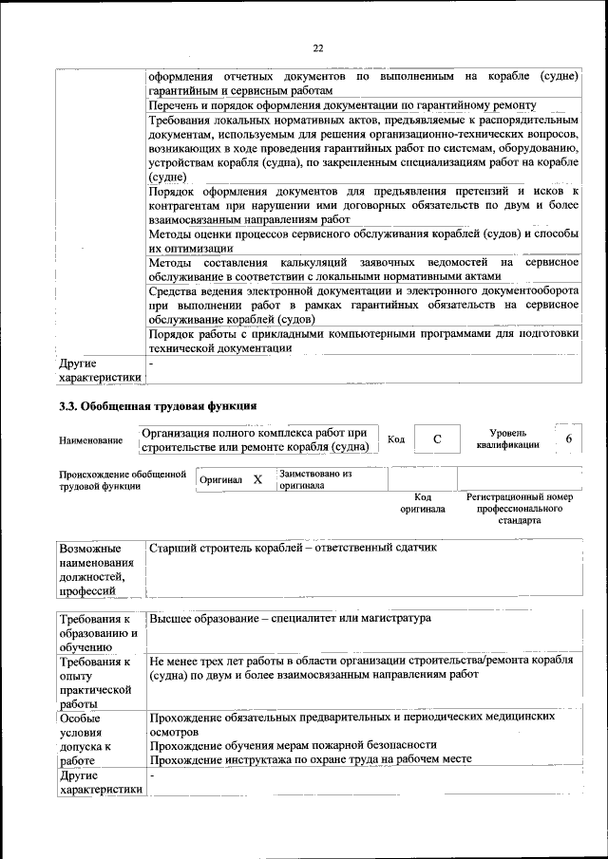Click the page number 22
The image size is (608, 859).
tap(318, 48)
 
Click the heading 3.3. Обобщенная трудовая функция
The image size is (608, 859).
tap(158, 406)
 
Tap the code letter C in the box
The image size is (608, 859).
tap(437, 439)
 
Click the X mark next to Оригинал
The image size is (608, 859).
tap(257, 480)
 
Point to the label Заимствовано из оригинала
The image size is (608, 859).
tap(314, 478)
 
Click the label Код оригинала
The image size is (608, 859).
tap(423, 502)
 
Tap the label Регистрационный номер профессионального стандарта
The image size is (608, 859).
tap(519, 508)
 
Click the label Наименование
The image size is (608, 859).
tap(90, 440)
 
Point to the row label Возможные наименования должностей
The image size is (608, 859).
tap(96, 570)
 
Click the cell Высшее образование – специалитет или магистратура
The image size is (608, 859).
tap(290, 618)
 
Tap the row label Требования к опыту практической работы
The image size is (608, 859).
tap(95, 682)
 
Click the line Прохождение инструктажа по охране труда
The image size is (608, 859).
tap(310, 760)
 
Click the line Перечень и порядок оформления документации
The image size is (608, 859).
tap(343, 104)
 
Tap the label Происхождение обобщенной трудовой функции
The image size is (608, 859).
tap(122, 479)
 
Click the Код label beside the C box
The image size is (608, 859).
tap(397, 439)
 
